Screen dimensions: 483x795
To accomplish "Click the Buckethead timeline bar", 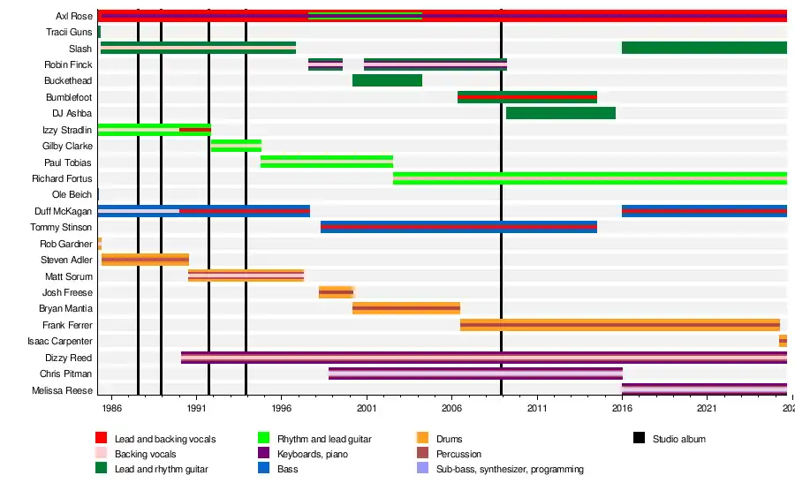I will pos(387,80).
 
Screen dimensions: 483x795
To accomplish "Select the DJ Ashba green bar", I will pos(560,113).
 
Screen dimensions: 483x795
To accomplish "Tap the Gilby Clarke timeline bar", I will pos(236,146).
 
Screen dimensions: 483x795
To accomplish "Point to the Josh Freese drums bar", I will pos(336,292).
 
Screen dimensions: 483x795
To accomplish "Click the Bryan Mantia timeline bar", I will pos(405,308).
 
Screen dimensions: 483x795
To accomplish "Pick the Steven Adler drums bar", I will pos(145,260).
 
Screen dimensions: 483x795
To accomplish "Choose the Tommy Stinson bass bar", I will pos(458,227).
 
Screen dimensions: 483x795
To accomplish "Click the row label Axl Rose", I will pos(73,16).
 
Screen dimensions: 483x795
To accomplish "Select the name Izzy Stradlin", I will pos(67,130).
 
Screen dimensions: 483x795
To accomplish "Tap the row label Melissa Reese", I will pos(62,390).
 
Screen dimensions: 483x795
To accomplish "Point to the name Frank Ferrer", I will pos(67,325).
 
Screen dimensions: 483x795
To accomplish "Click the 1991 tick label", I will pos(196,410).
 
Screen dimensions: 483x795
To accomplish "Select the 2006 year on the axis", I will pos(451,410).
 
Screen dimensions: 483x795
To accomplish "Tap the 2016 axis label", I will pos(622,410).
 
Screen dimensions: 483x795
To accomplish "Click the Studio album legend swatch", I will pos(640,439).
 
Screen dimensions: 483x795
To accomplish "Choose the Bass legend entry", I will pos(287,469).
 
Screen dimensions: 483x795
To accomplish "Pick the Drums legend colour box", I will pos(422,439).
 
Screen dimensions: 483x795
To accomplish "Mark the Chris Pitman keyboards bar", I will pos(475,374).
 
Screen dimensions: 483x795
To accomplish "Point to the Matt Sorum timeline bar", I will pos(246,275).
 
